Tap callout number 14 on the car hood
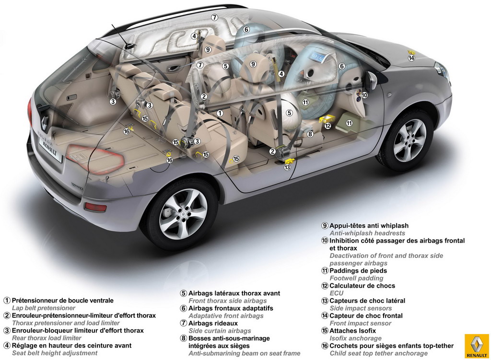(x=411, y=58)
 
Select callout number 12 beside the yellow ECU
(x=328, y=126)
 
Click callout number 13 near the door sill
(x=287, y=167)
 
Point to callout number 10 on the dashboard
(x=364, y=95)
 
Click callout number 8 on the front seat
(x=310, y=134)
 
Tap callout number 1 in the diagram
(x=220, y=113)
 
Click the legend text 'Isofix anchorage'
(x=355, y=338)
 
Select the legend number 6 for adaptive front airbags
(x=184, y=308)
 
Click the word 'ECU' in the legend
(x=337, y=293)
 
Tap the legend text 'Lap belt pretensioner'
(x=44, y=308)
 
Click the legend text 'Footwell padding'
(x=356, y=279)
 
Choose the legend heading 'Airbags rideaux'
(x=213, y=324)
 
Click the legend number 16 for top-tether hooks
(x=325, y=346)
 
